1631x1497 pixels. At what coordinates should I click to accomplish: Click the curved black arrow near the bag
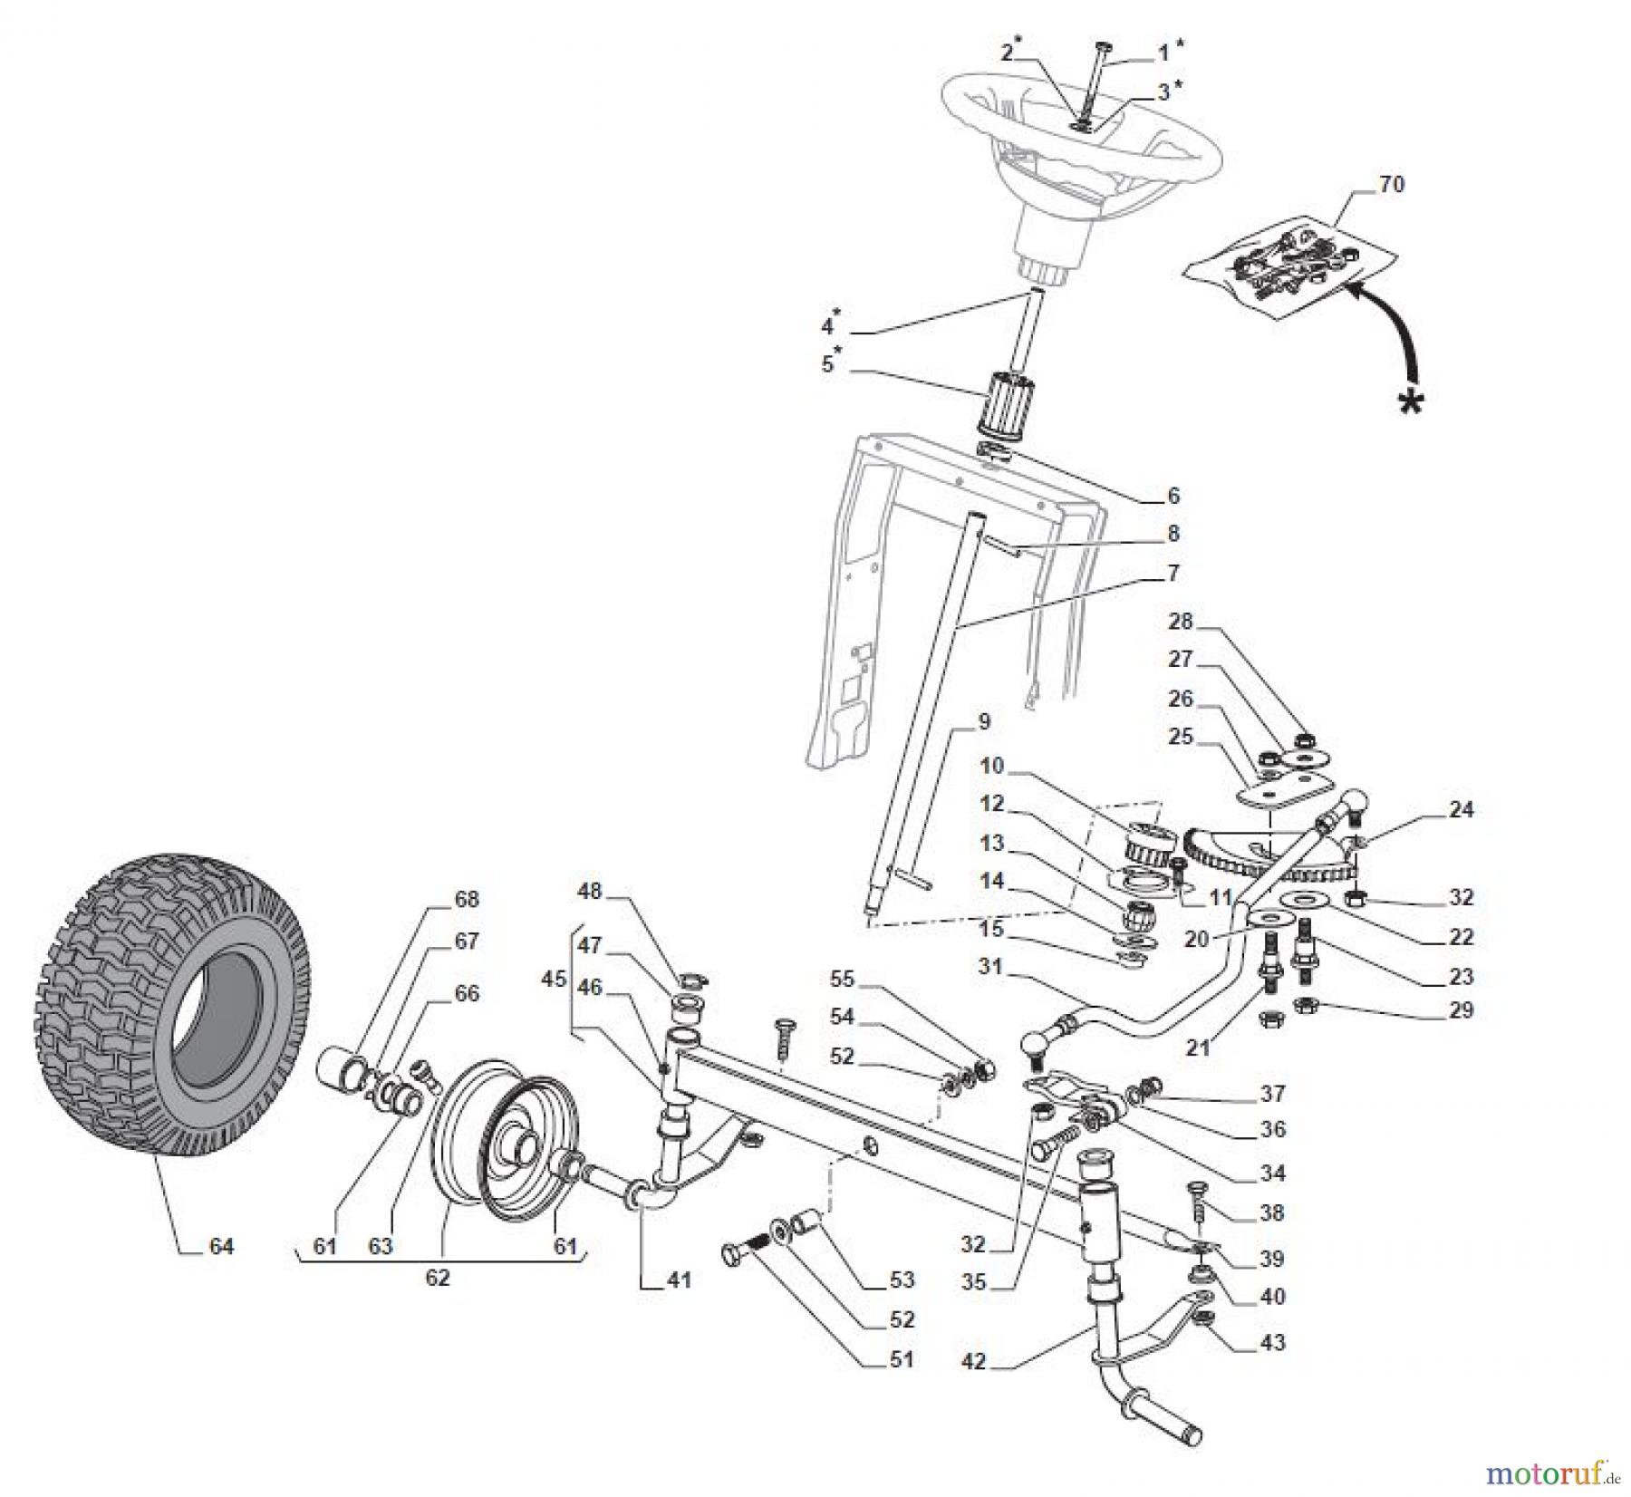pos(1391,335)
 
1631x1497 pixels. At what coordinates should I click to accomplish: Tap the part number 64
pos(221,1247)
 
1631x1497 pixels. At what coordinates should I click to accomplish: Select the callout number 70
pos(1391,185)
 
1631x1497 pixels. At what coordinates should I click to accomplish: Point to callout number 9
pos(984,722)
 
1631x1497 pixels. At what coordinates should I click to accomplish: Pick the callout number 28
pos(1180,622)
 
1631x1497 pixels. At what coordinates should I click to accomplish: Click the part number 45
pos(554,979)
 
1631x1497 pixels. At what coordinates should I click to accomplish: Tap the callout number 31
pos(989,967)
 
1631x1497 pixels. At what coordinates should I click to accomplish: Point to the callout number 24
pos(1461,809)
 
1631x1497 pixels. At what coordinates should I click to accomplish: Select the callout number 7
pos(1173,573)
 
